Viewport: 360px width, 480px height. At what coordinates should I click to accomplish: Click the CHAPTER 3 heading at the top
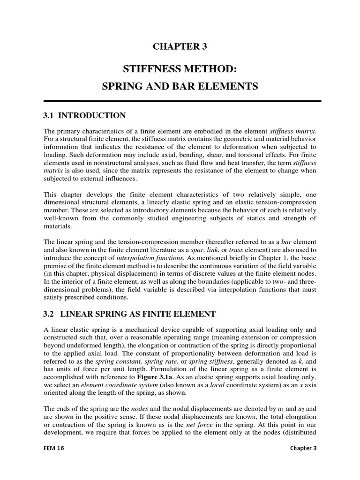click(x=180, y=46)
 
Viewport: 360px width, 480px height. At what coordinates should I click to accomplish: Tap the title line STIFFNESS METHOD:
click(x=180, y=69)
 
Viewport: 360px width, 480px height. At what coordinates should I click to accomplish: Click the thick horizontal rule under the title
click(x=182, y=101)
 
